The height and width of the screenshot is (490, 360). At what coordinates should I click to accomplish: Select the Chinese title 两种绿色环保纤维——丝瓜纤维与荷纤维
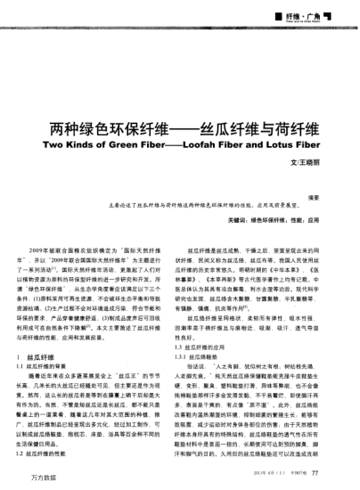tap(179, 127)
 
